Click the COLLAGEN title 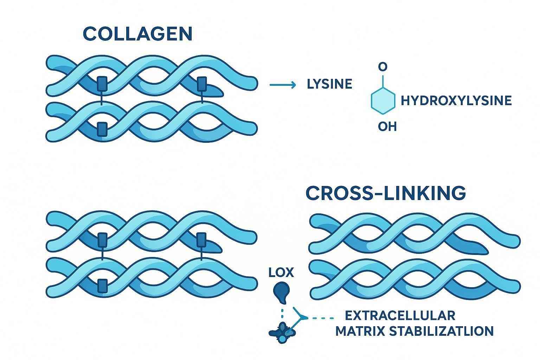pyautogui.click(x=137, y=34)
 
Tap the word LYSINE pyautogui.click(x=329, y=84)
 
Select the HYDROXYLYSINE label pyautogui.click(x=456, y=101)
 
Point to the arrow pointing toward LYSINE pyautogui.click(x=282, y=84)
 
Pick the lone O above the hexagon pyautogui.click(x=383, y=66)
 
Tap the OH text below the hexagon pyautogui.click(x=387, y=126)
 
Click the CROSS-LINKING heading pyautogui.click(x=386, y=193)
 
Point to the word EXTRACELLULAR pyautogui.click(x=400, y=315)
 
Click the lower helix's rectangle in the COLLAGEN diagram pyautogui.click(x=102, y=129)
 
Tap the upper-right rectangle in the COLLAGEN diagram pyautogui.click(x=201, y=84)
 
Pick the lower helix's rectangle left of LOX pyautogui.click(x=102, y=285)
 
